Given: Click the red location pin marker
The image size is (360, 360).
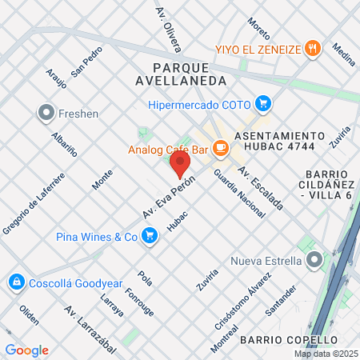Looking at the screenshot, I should click(x=181, y=165).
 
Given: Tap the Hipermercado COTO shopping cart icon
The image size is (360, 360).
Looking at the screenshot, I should click(x=262, y=103).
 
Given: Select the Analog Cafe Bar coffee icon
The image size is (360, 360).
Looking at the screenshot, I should click(x=222, y=148).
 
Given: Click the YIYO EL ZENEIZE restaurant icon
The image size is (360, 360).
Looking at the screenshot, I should click(x=314, y=48).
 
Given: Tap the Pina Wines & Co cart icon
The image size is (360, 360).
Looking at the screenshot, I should click(x=149, y=236).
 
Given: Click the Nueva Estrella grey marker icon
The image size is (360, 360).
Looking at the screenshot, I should click(x=316, y=260).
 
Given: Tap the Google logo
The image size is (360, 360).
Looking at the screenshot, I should click(x=26, y=350).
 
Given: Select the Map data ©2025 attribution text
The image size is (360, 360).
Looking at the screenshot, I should click(x=326, y=354).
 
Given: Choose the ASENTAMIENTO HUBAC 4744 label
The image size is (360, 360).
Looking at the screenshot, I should click(x=281, y=142).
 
